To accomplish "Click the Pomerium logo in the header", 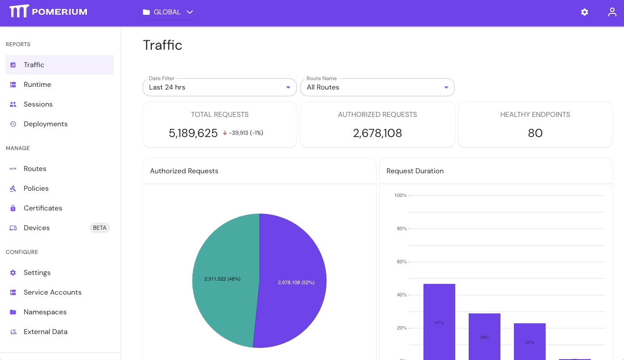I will click(48, 12).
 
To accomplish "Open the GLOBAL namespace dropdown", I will click(168, 12).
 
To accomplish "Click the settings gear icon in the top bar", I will click(585, 12).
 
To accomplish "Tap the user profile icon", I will click(612, 12).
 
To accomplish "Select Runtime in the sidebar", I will click(37, 85).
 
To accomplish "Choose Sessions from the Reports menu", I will click(38, 104).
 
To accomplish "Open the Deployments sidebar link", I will click(45, 124).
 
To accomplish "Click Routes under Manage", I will click(35, 169).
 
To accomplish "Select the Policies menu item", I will click(36, 189).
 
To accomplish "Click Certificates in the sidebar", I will click(43, 208).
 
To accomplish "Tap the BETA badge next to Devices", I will click(99, 228).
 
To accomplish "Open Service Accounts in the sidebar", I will click(52, 292).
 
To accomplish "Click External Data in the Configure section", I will click(45, 332).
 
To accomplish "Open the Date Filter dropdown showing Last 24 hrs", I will click(219, 87).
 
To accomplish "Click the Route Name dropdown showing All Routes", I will click(377, 87).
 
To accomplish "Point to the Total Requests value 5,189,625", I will click(193, 133).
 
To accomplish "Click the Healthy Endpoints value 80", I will click(535, 133).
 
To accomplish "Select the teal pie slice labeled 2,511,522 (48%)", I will click(222, 279).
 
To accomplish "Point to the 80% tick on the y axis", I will click(402, 229).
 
